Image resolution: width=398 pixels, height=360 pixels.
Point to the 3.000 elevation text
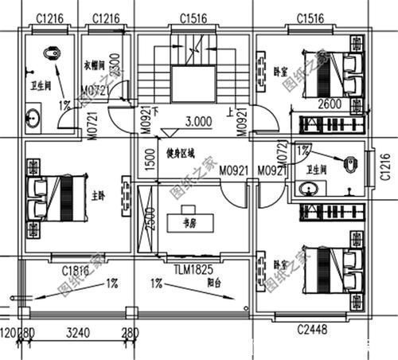click(198, 123)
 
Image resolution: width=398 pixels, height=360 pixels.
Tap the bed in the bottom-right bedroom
click(330, 269)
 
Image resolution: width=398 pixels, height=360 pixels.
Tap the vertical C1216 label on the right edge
click(385, 167)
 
